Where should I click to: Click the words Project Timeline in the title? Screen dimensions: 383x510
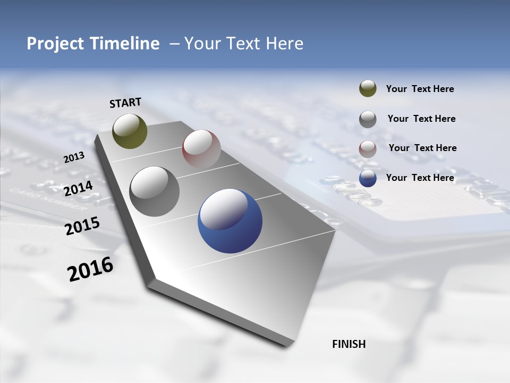(93, 44)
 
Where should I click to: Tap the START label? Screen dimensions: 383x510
(125, 103)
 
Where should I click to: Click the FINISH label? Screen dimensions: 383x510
(349, 344)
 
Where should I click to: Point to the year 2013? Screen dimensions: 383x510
(74, 157)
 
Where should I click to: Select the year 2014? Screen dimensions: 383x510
(78, 188)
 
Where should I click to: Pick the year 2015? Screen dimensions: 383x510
(82, 226)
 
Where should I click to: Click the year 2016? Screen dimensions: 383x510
(90, 269)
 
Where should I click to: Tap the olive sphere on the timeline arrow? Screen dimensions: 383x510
(130, 131)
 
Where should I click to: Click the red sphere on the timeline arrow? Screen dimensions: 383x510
(201, 148)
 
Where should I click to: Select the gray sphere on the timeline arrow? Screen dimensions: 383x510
(155, 191)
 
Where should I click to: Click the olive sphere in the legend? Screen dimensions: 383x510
(368, 89)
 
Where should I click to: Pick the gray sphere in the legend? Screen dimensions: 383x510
(368, 119)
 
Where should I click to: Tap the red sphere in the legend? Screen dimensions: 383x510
(368, 149)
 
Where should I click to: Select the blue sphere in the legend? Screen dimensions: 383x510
(368, 178)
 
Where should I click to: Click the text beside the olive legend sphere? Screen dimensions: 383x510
(420, 89)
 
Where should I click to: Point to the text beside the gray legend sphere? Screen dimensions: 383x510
(422, 119)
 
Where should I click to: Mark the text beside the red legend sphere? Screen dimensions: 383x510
(423, 148)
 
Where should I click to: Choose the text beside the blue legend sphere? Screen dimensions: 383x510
(420, 178)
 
